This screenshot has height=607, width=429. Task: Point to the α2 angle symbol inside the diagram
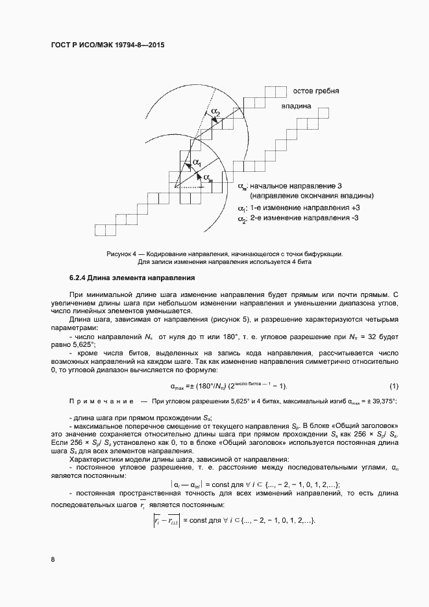pos(215,113)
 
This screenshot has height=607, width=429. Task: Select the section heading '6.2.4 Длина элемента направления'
pos(132,278)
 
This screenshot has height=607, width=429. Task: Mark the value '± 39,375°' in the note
pos(384,402)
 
